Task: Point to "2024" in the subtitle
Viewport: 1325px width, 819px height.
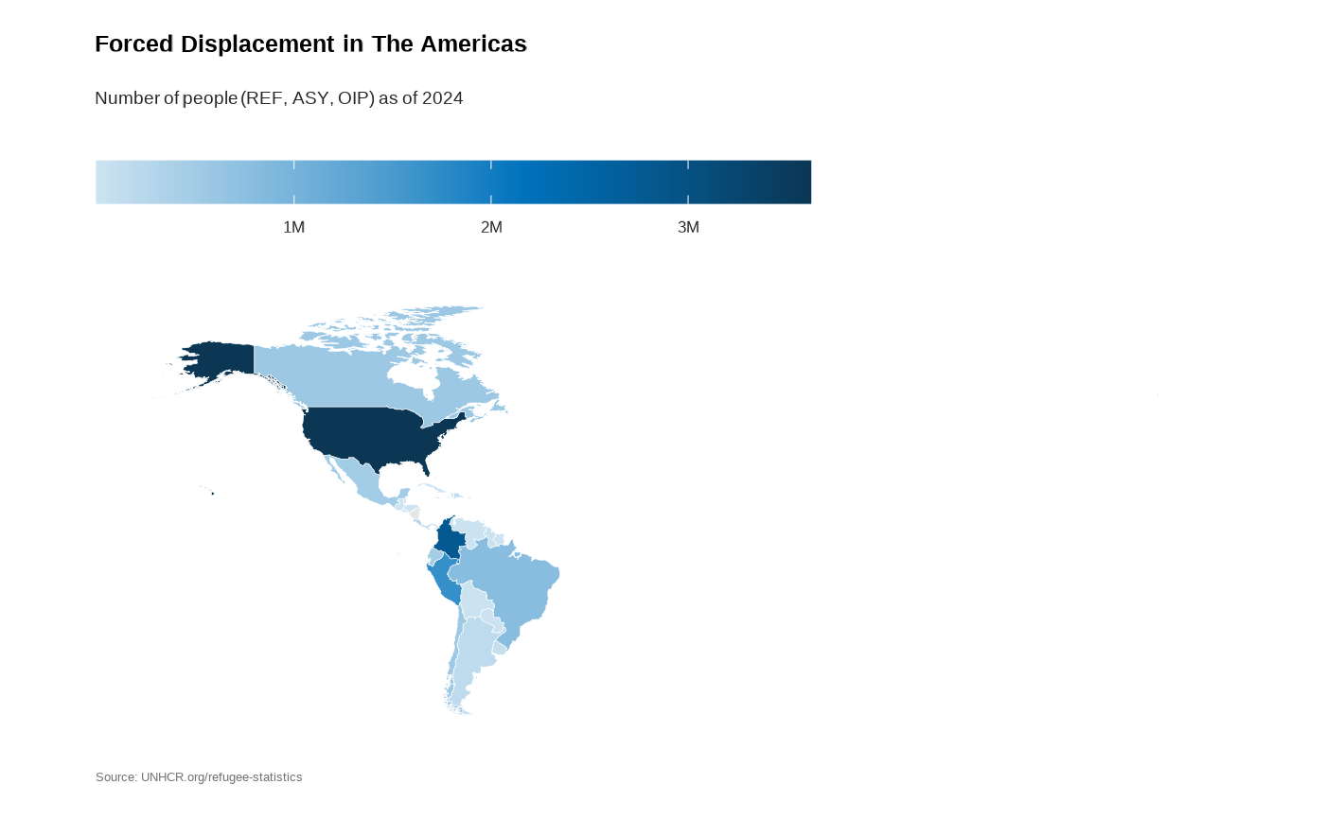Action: [442, 98]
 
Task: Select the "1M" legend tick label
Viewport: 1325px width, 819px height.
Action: [293, 228]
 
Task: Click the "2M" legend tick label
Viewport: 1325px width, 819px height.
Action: [491, 228]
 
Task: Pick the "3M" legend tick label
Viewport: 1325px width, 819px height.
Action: [688, 228]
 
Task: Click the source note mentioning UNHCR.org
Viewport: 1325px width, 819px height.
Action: [199, 777]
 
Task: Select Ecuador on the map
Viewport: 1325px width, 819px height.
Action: [434, 556]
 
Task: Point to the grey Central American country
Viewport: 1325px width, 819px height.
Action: [414, 514]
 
